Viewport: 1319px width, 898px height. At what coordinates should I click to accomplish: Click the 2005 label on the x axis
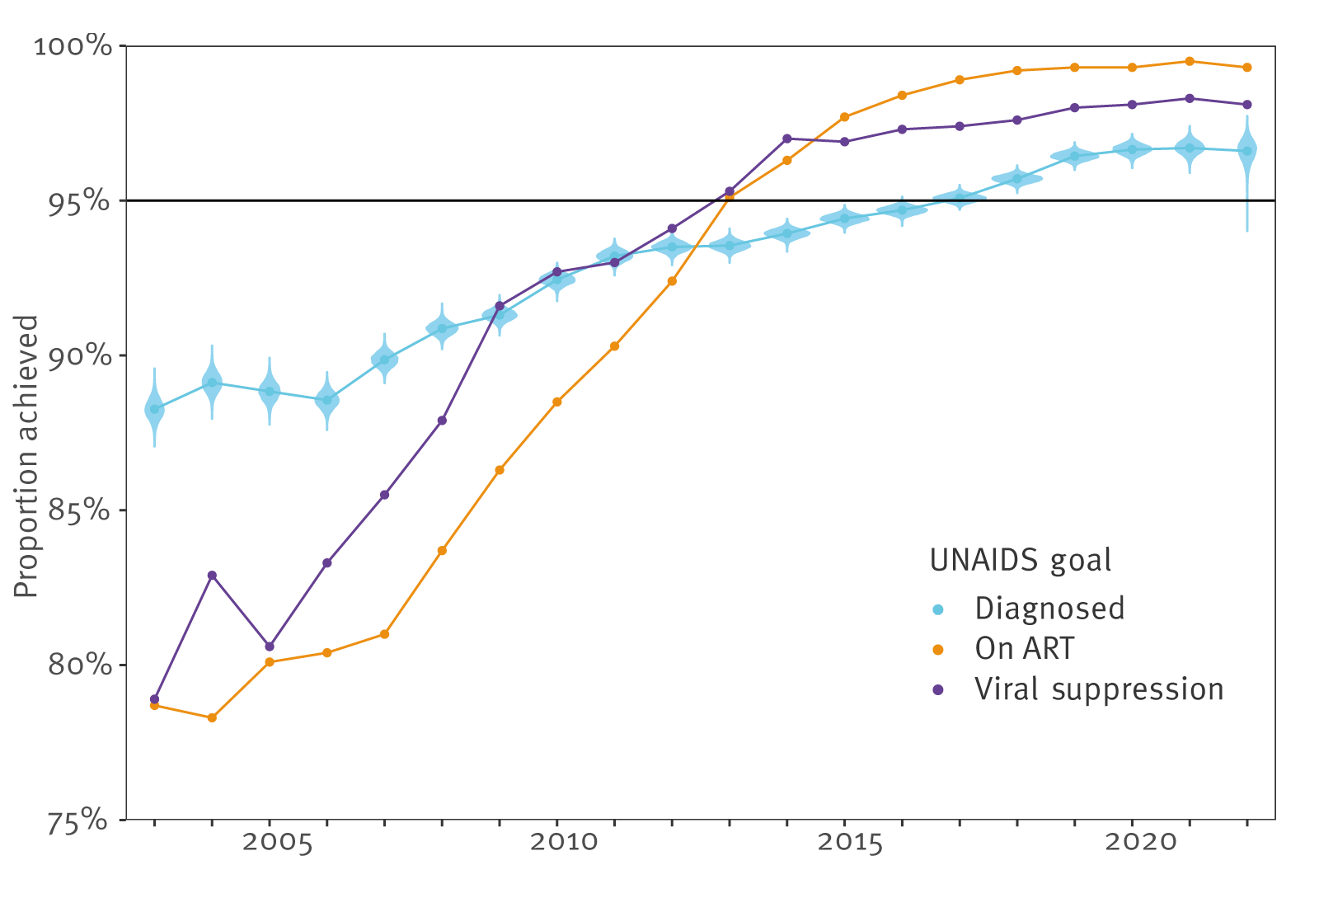[277, 843]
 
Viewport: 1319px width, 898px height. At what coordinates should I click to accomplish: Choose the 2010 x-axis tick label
[564, 843]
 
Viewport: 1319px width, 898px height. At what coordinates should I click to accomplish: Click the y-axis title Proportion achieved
[27, 456]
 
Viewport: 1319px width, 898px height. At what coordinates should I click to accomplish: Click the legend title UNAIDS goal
[1021, 560]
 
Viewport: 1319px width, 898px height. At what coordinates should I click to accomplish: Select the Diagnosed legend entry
[1049, 609]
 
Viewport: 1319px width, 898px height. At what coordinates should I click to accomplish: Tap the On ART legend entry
[1025, 649]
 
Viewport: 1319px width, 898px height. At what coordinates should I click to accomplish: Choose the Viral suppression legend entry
[1099, 689]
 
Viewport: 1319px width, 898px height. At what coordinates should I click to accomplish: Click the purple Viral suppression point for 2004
[212, 575]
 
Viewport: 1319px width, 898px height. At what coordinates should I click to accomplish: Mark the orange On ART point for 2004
[212, 717]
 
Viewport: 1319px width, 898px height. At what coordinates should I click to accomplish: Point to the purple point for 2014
[786, 139]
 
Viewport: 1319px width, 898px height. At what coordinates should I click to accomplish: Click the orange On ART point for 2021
[1189, 61]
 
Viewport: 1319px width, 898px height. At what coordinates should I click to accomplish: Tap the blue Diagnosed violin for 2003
[154, 408]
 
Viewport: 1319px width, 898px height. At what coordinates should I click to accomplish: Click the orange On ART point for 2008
[442, 550]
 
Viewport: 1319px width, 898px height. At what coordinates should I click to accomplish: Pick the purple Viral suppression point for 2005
[270, 646]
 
